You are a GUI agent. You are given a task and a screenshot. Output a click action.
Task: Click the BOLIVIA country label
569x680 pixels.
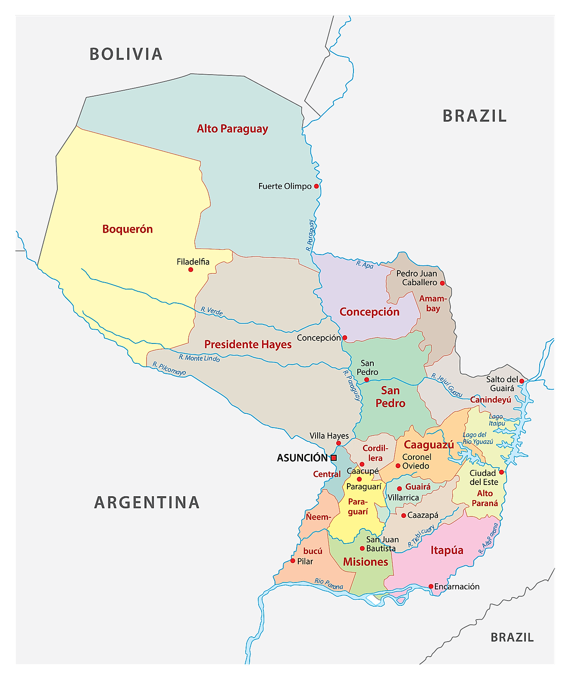click(126, 54)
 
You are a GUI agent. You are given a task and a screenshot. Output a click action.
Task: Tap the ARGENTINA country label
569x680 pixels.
click(147, 503)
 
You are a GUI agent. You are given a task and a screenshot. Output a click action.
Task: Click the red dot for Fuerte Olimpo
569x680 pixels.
click(316, 186)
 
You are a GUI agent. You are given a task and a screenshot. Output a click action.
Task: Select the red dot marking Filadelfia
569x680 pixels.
click(191, 270)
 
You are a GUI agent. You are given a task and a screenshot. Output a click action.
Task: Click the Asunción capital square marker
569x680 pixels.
click(334, 458)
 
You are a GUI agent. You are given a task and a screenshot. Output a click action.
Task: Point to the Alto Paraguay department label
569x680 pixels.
click(232, 129)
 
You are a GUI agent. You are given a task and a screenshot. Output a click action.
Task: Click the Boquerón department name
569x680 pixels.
click(127, 229)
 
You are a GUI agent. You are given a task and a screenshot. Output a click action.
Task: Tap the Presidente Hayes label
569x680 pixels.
click(248, 345)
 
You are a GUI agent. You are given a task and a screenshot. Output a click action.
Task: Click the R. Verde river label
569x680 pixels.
click(212, 311)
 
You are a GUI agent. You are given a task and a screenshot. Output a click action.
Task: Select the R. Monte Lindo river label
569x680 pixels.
click(199, 358)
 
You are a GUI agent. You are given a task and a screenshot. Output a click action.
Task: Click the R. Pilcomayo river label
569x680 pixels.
click(169, 368)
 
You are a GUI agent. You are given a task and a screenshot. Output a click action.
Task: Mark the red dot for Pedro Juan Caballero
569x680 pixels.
click(442, 283)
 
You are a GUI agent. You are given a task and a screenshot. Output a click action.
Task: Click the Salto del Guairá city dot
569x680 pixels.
click(522, 381)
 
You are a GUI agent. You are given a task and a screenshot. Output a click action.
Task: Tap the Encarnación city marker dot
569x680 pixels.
click(431, 586)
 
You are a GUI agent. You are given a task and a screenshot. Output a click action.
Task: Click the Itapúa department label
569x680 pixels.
click(447, 551)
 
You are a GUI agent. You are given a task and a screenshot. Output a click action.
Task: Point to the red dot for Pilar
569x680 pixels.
click(293, 561)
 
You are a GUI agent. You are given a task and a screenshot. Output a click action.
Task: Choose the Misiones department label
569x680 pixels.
click(366, 562)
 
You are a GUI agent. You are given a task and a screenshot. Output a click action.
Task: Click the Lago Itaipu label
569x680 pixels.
click(496, 420)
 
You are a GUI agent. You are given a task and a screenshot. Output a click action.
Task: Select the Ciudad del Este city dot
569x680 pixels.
click(501, 472)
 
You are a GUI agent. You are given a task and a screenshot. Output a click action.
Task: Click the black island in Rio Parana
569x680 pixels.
click(373, 600)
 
